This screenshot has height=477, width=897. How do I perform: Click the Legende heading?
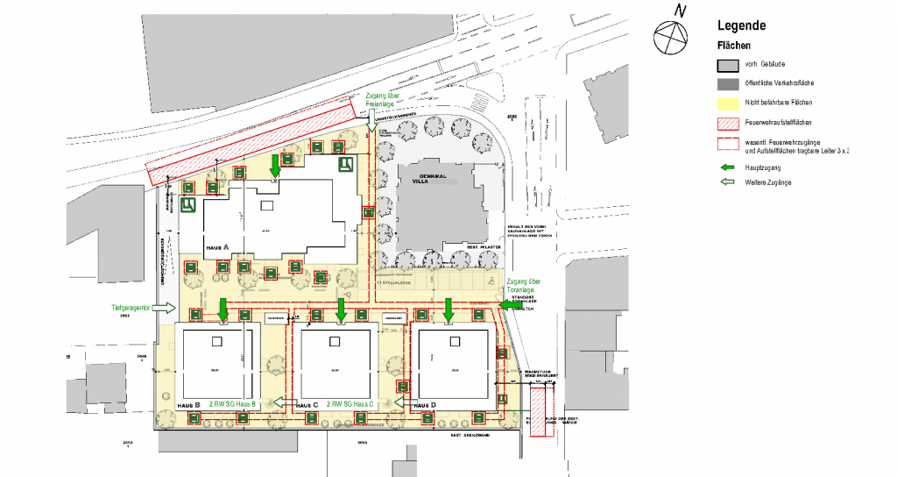[x=741, y=26]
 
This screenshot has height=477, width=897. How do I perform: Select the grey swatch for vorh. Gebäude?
[x=727, y=66]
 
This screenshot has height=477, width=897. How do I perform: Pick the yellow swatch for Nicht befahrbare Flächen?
[x=727, y=103]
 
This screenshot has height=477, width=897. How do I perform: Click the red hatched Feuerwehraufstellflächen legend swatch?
[x=727, y=122]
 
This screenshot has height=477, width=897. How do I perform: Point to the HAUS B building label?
[x=189, y=404]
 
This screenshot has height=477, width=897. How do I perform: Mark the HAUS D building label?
[x=425, y=404]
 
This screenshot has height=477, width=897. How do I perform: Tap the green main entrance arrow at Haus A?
[x=276, y=165]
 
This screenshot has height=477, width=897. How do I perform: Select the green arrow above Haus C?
[x=341, y=309]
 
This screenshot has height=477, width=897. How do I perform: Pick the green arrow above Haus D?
[x=448, y=309]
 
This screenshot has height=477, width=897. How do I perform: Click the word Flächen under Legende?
[x=734, y=45]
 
